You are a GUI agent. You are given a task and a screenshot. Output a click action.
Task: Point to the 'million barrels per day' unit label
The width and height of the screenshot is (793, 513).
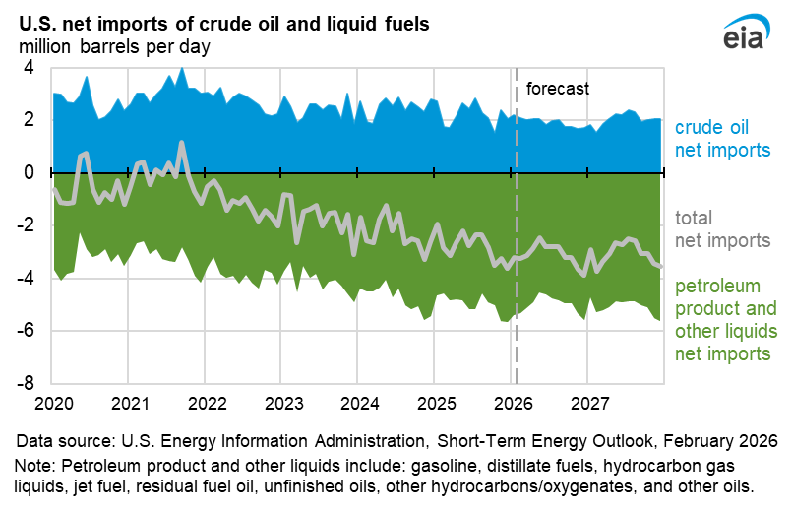114,46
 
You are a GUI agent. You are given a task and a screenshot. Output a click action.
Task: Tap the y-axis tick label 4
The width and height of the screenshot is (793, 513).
29,68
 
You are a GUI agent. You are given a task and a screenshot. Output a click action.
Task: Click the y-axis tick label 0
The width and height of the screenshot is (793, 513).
29,172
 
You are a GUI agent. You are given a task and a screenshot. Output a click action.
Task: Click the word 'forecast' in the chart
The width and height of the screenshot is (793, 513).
558,89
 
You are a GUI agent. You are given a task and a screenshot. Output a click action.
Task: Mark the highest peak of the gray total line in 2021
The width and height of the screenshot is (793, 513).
181,143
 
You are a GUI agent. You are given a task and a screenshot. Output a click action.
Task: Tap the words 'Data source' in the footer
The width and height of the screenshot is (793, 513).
58,440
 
